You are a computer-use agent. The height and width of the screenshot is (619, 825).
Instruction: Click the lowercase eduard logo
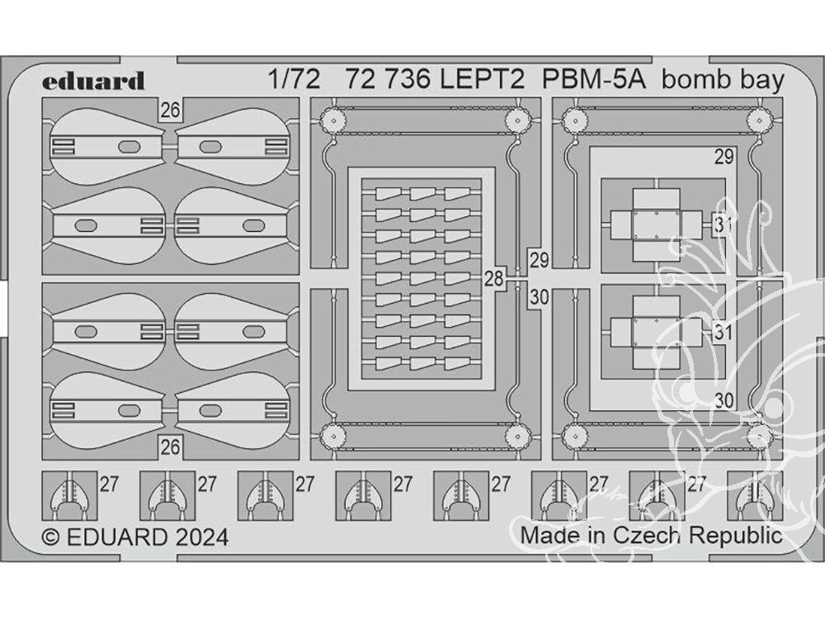point(93,81)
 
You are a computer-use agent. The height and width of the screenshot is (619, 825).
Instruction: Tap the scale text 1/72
point(293,80)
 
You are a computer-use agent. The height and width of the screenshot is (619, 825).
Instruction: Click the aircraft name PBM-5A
point(595,80)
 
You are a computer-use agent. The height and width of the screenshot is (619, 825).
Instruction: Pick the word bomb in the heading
point(694,80)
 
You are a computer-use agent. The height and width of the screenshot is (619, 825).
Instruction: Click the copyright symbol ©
point(50,537)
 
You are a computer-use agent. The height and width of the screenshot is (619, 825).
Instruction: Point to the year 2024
point(201,537)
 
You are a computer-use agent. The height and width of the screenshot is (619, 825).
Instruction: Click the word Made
point(549,535)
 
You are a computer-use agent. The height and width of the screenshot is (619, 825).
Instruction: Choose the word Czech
point(647,535)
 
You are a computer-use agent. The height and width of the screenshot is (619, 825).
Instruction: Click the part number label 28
point(493,279)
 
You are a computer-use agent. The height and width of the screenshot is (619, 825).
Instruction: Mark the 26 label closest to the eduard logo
point(171,110)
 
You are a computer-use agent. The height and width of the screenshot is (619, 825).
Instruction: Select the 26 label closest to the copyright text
point(171,447)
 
